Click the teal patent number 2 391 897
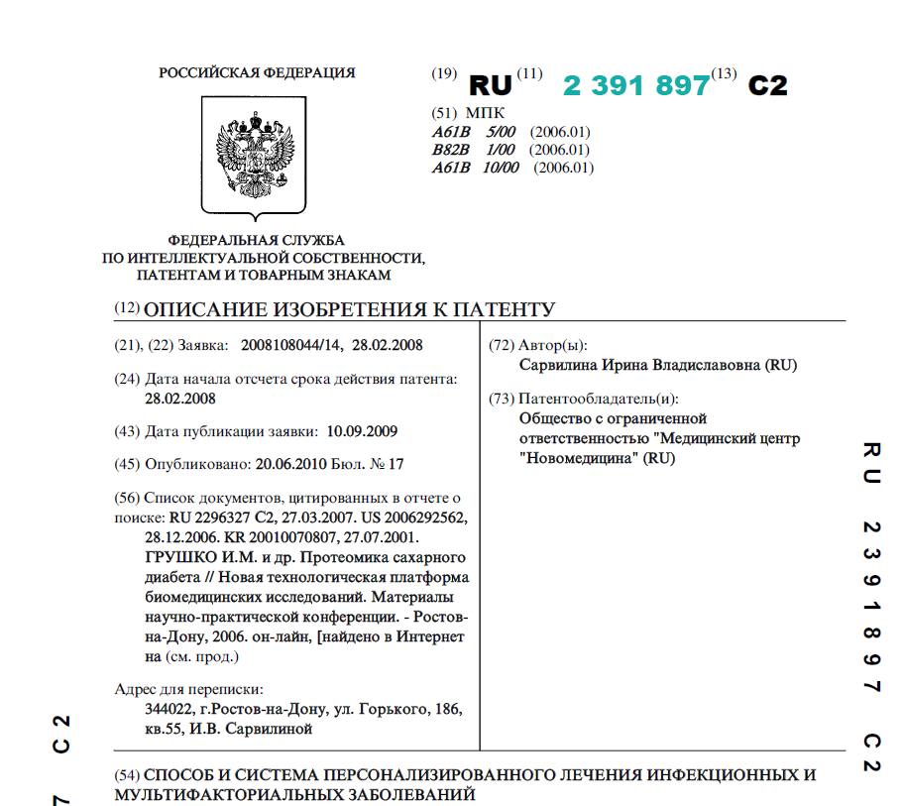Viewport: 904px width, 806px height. [x=636, y=86]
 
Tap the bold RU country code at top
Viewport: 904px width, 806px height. [x=491, y=86]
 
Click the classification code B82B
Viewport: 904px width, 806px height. [x=449, y=150]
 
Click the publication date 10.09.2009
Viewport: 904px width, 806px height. [x=362, y=431]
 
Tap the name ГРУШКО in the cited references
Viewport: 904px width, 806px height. [x=175, y=557]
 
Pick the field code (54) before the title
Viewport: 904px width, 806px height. [x=128, y=775]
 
